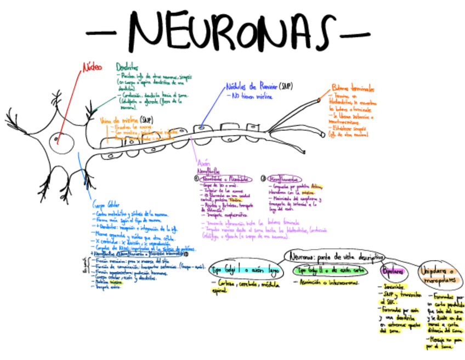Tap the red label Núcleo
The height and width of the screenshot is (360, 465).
click(x=92, y=66)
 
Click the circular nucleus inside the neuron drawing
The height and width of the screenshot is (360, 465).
click(x=58, y=142)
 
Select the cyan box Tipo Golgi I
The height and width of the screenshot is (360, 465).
click(x=244, y=269)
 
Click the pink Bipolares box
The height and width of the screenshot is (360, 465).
click(x=393, y=271)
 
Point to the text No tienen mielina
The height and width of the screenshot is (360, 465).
click(x=252, y=97)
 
